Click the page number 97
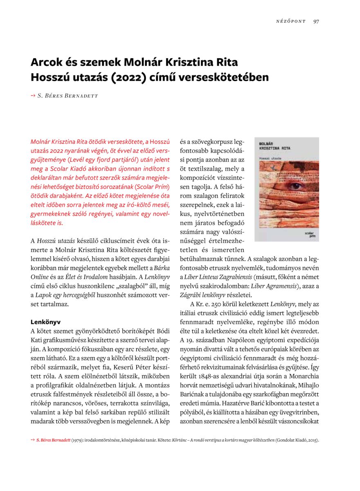click(316, 22)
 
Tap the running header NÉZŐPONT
click(291, 22)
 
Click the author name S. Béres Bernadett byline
click(68, 96)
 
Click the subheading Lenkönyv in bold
click(45, 322)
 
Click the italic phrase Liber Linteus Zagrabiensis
click(217, 277)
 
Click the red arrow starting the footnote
click(33, 440)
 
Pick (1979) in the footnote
click(79, 440)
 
